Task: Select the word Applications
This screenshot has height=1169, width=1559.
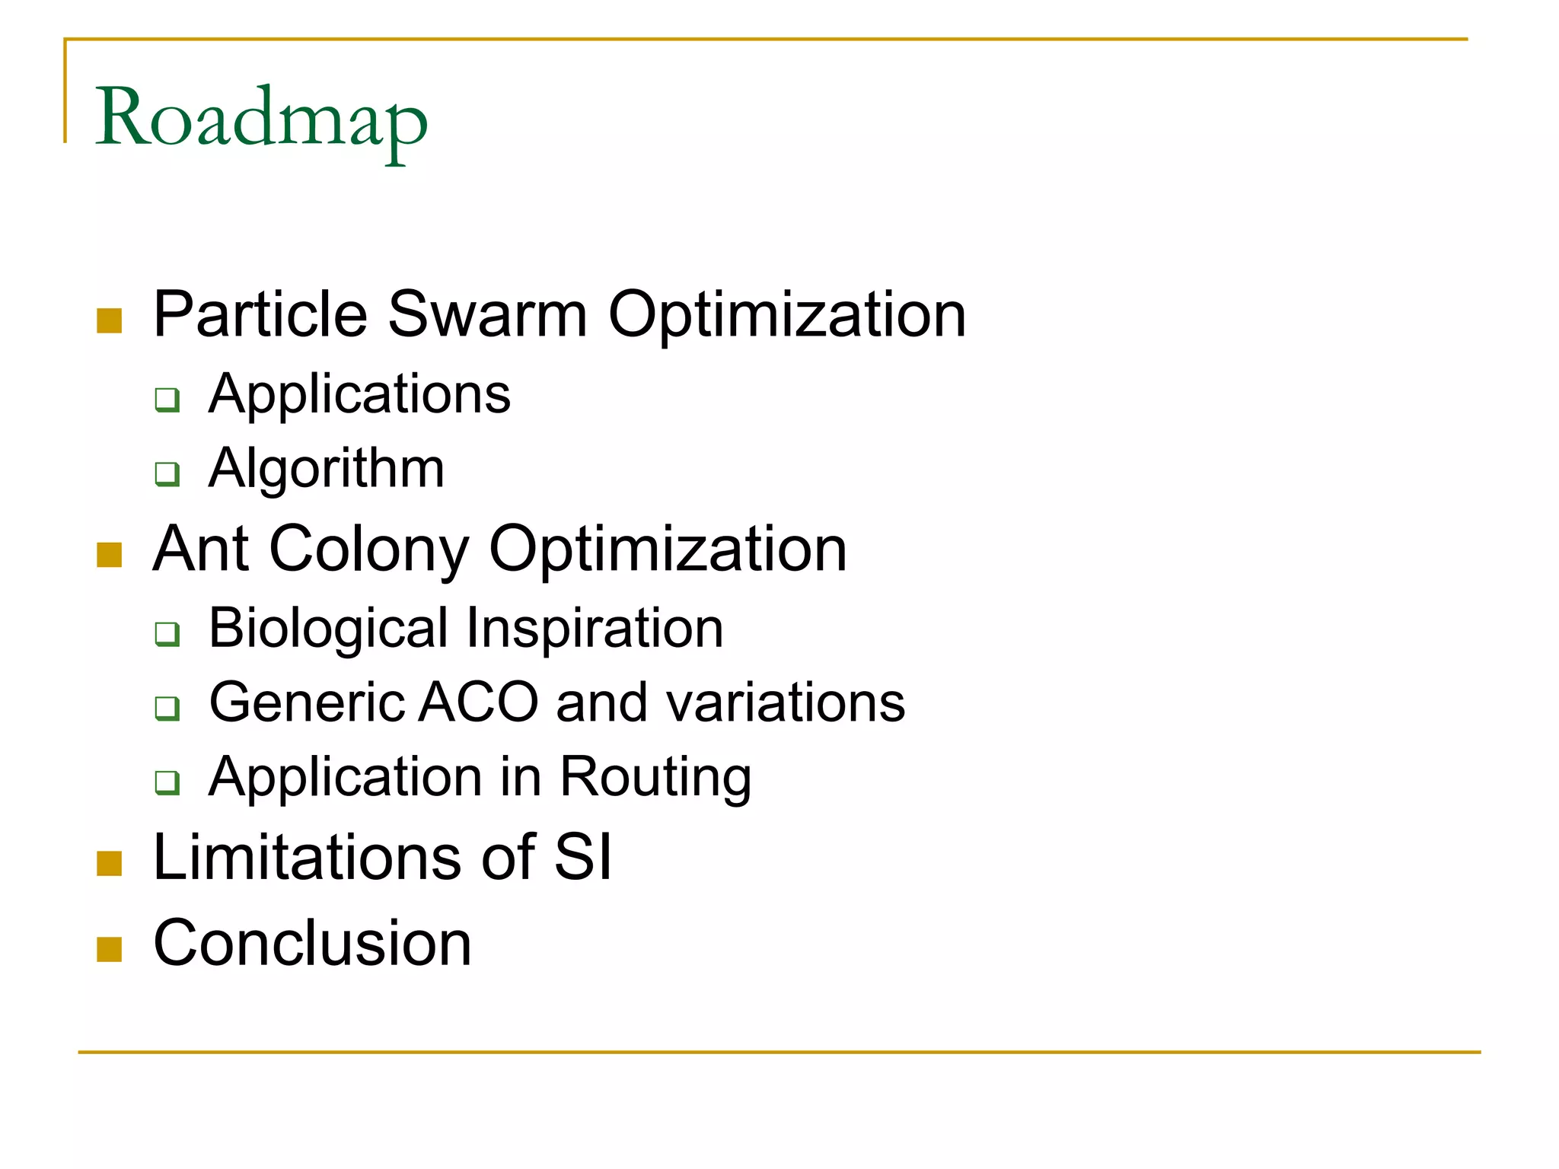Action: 359,394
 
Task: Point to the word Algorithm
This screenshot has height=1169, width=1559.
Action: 327,468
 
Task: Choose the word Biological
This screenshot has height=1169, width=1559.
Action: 328,629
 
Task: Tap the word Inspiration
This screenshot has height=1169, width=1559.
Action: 595,629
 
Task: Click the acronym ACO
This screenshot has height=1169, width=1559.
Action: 479,702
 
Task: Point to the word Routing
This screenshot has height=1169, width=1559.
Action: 655,778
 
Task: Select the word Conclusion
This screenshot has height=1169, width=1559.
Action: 312,943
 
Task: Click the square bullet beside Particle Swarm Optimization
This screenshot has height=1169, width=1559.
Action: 110,320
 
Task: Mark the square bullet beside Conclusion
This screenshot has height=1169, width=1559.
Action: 110,949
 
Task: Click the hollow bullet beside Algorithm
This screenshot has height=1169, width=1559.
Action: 167,473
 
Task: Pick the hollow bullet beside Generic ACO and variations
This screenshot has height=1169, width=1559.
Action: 167,708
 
